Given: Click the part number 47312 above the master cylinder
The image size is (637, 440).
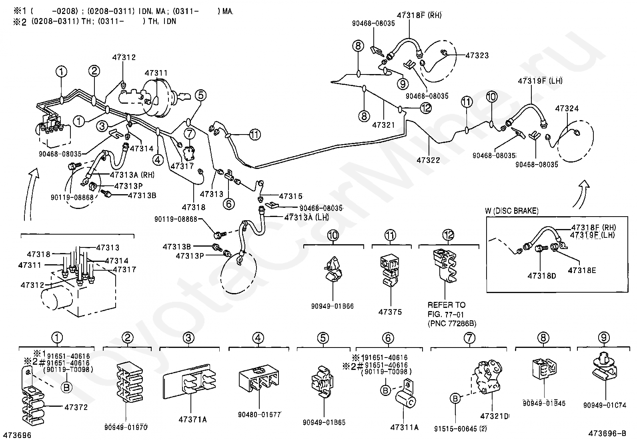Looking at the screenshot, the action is (124, 57).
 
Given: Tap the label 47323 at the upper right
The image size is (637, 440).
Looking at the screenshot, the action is (477, 55).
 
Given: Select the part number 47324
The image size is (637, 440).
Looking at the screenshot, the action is (567, 108).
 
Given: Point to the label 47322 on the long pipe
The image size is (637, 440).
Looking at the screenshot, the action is (428, 160).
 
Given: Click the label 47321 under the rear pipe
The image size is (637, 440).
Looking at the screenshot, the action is (384, 125).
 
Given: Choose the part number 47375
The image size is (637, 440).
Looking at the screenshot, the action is (390, 312).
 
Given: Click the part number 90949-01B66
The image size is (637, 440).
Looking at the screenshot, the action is (332, 306).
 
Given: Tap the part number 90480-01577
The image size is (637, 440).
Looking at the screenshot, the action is (259, 415).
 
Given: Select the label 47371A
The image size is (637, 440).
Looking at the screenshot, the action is (192, 420).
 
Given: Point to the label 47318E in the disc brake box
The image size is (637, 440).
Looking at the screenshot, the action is (582, 270).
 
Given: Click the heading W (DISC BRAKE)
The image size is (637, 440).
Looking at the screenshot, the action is (512, 211).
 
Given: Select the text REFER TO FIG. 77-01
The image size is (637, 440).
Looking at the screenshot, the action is (446, 309).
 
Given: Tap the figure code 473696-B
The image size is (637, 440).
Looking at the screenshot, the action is (607, 433).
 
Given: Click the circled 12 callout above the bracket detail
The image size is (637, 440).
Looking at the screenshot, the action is (448, 235).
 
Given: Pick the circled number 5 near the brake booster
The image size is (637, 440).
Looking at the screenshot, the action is (201, 95).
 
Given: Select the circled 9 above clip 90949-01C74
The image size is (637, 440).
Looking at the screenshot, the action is (604, 338).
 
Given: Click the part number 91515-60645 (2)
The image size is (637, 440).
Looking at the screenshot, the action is (461, 429).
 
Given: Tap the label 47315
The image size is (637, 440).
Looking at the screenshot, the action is (290, 196).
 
